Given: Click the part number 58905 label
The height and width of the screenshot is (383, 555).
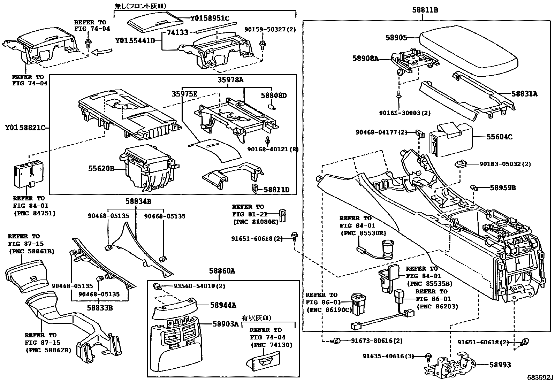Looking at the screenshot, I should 396,37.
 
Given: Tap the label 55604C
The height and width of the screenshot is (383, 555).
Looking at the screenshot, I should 499,137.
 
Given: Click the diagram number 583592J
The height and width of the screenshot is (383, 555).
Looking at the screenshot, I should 540,378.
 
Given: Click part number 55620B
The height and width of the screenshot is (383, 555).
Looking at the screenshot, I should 101,169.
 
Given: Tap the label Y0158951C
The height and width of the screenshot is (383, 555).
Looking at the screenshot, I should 210,18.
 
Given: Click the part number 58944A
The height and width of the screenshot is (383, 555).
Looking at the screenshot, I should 223,305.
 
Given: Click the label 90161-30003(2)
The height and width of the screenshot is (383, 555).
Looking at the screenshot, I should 405,113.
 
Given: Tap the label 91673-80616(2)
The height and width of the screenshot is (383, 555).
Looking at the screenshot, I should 372,340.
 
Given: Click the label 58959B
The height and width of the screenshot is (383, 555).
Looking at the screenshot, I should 503,188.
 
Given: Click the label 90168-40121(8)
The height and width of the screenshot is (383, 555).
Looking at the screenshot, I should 273,149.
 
